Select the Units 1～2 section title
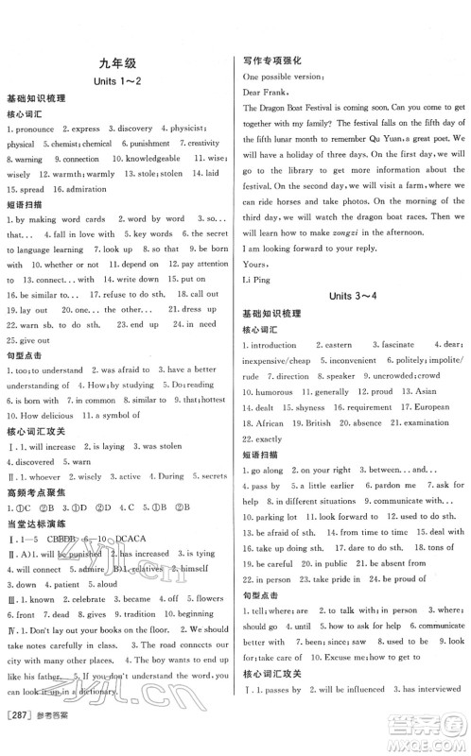tap(117, 83)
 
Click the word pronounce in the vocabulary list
tap(39, 129)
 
